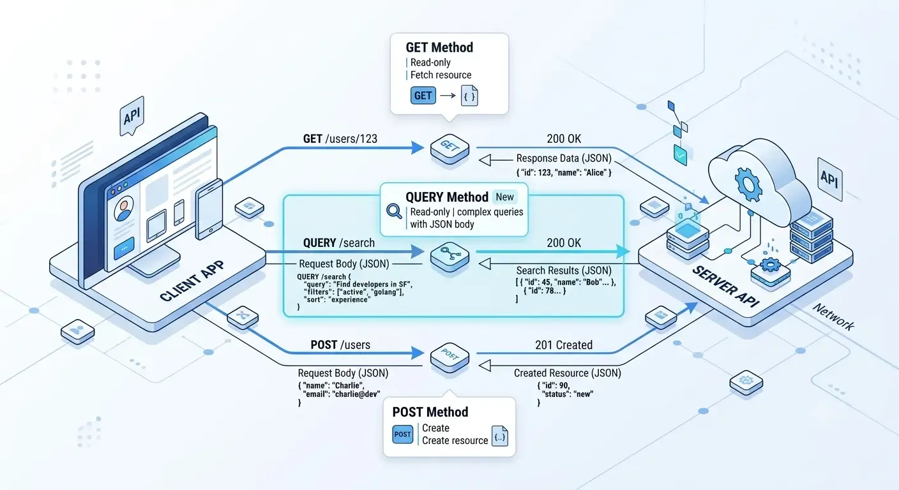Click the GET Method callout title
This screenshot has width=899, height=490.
[439, 47]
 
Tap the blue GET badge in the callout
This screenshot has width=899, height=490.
[423, 96]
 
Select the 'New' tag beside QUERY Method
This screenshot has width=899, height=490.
[504, 197]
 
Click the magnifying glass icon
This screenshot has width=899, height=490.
[394, 211]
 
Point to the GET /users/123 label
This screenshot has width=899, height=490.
[340, 138]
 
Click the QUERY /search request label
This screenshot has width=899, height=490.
[339, 243]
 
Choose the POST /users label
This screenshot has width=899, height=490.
[340, 345]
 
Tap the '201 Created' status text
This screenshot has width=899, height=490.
[564, 345]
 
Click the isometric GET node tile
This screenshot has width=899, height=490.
[450, 149]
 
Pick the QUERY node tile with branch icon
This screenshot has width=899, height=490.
[450, 257]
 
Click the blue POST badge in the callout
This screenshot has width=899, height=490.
[402, 434]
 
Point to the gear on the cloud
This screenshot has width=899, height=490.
[748, 184]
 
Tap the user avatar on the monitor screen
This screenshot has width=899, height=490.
[124, 209]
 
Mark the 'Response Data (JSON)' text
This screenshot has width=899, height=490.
[564, 158]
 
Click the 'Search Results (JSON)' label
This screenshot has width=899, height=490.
[564, 271]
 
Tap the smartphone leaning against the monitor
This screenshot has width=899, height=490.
[209, 209]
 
